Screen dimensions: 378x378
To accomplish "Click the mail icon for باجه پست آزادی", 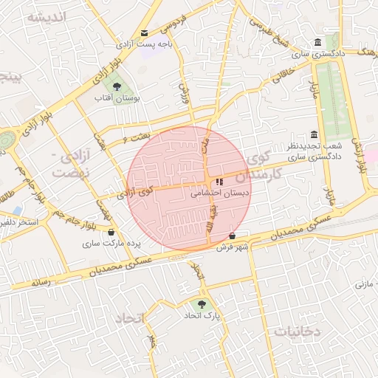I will point(144,33).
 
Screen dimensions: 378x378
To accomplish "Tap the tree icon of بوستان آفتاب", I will point(117,86).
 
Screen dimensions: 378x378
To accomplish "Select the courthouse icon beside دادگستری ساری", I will point(317,42).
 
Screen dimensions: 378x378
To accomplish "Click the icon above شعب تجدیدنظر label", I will point(315,134).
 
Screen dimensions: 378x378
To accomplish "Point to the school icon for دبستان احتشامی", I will point(219,182).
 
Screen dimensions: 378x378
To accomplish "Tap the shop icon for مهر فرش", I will point(233,236).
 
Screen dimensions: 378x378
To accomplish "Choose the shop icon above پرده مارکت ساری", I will point(111,232).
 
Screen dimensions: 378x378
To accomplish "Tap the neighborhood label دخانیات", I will point(298,331).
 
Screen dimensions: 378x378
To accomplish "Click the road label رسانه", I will point(41,282).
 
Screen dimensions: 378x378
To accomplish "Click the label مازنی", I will point(366,283).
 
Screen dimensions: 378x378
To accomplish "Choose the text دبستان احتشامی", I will point(220,194).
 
